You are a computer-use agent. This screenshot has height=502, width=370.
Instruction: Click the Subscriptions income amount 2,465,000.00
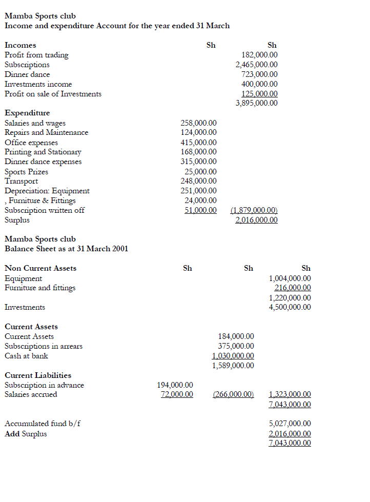point(256,65)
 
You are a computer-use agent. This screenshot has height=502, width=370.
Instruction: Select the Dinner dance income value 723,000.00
point(259,74)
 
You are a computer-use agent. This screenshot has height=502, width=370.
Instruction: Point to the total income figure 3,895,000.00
point(256,103)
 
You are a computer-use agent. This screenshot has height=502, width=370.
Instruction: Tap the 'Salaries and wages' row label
point(35,123)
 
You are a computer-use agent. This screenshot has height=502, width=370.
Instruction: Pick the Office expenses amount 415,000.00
point(198,143)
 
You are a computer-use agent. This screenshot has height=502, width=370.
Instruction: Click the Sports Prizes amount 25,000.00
point(200,172)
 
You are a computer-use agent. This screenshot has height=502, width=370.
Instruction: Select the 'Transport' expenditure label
point(21,181)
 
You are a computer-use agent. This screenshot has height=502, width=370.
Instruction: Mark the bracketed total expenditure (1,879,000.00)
point(254,210)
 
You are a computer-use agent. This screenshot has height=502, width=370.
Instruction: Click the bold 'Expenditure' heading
point(27,113)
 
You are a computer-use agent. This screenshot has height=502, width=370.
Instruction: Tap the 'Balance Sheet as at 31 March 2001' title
point(66,249)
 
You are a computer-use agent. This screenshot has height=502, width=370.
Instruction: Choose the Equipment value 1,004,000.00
point(290,278)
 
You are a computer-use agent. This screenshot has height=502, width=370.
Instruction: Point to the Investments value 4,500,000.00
point(290,308)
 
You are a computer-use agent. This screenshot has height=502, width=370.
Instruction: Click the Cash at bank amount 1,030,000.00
point(233,356)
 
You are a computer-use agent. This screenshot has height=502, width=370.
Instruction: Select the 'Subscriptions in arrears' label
point(44,346)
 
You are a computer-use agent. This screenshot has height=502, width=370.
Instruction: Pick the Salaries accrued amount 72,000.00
point(177,394)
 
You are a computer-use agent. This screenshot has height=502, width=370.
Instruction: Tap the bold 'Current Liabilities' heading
point(38,375)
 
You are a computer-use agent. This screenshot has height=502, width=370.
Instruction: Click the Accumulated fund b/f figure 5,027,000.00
point(290,424)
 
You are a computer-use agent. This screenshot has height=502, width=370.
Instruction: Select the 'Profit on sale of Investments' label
point(53,94)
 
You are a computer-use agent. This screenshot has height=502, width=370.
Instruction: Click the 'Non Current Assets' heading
point(40,268)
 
